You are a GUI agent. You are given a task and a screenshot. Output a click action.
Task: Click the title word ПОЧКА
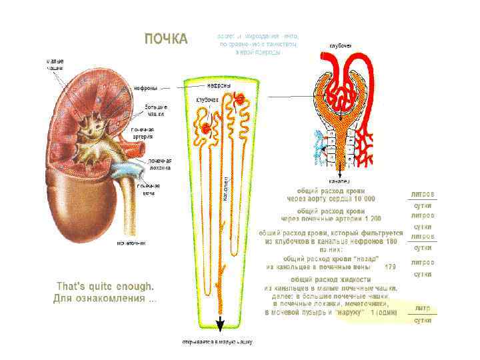click(x=167, y=38)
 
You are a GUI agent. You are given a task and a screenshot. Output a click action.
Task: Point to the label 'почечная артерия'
click(x=142, y=133)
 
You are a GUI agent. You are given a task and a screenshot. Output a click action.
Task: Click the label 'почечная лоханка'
click(x=159, y=165)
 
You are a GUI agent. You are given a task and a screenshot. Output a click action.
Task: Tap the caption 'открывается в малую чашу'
click(x=219, y=342)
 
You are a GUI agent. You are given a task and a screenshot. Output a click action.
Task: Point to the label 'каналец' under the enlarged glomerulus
click(x=339, y=181)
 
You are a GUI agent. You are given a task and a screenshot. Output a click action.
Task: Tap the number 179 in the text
click(x=391, y=267)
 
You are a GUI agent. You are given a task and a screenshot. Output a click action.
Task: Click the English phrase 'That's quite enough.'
click(x=105, y=286)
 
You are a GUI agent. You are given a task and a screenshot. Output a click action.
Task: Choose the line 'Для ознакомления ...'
click(x=105, y=298)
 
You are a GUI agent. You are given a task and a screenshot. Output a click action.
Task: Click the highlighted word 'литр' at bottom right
click(x=422, y=309)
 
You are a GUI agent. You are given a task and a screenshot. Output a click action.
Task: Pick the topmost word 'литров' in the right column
click(x=423, y=193)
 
